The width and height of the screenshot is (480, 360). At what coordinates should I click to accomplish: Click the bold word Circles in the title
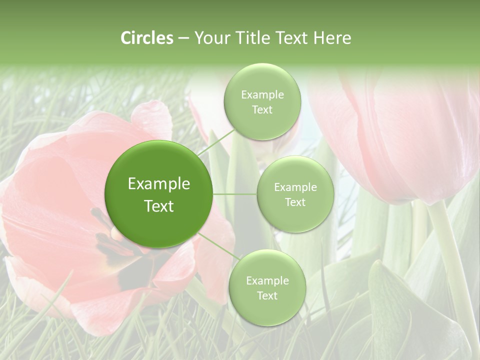[147, 38]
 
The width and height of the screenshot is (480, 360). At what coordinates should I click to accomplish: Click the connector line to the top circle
[215, 142]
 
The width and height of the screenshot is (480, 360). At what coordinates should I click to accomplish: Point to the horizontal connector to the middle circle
[235, 194]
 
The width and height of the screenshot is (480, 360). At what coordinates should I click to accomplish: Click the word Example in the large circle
[158, 184]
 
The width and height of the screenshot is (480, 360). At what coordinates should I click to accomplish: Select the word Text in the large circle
[158, 206]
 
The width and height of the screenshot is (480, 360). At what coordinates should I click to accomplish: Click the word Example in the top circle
[262, 94]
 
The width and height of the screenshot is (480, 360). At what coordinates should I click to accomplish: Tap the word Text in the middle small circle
[295, 202]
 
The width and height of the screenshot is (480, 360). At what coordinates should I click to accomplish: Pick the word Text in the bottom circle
[267, 295]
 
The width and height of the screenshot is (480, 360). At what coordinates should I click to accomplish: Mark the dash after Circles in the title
[183, 38]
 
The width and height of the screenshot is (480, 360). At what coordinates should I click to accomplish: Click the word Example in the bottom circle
[267, 280]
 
